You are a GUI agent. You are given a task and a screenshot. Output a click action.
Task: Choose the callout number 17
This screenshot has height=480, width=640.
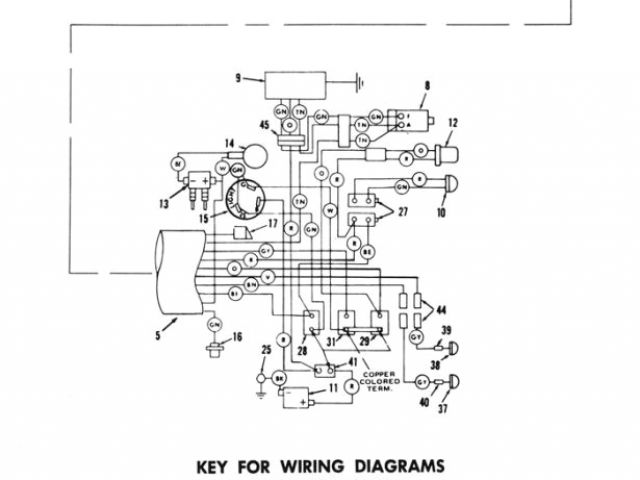click(273, 224)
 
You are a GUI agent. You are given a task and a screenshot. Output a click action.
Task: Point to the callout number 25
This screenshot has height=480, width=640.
click(265, 349)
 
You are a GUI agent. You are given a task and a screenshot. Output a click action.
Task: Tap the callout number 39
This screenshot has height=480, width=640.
click(447, 331)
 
